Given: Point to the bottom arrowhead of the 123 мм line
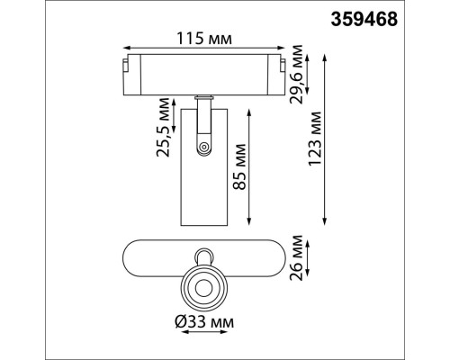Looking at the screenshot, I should coord(325,220).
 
